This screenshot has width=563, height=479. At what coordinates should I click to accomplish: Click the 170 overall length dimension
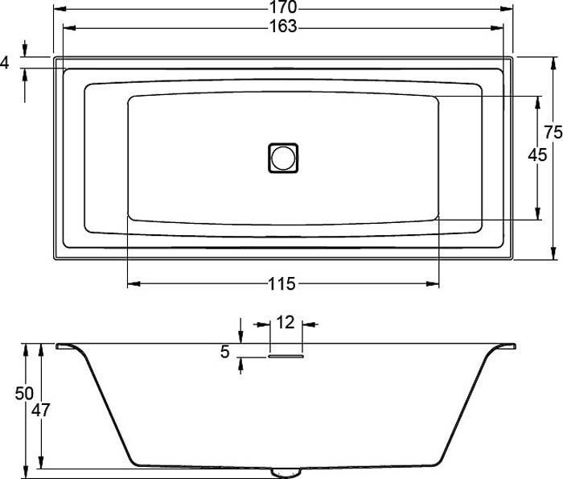283,6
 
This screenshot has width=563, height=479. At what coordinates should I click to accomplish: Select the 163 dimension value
283,27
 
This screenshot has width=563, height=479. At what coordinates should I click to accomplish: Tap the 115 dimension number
281,284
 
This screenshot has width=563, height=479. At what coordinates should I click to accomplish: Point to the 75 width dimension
553,132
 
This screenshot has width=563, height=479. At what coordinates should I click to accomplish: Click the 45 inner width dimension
537,155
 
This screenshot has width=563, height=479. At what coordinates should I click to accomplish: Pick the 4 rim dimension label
5,63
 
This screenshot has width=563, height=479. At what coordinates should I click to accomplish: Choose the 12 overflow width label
286,323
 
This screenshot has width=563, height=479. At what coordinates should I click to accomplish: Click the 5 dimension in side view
224,352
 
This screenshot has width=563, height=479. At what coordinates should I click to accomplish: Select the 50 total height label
24,394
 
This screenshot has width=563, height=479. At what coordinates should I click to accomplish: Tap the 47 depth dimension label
40,410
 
